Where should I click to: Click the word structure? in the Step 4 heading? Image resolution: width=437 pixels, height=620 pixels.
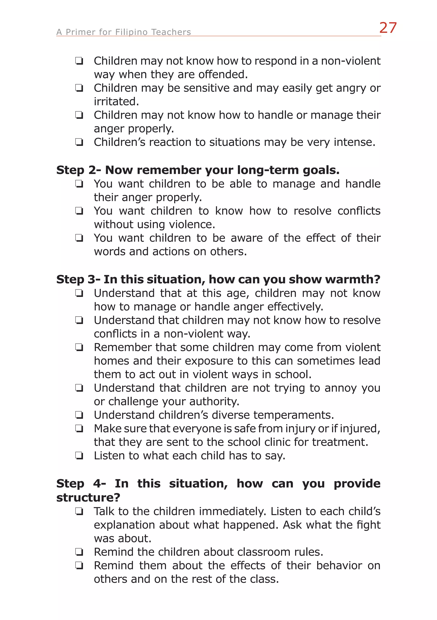88,497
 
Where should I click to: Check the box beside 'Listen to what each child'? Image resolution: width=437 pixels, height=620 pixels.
79,456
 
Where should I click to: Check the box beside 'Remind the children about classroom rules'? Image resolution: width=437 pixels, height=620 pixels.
79,552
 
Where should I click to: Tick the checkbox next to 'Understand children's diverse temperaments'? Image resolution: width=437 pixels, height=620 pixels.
79,415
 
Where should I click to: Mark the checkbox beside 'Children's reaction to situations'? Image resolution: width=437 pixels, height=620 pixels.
79,142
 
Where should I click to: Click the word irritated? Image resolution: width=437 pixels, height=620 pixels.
116,102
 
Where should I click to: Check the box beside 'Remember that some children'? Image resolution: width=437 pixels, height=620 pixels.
79,348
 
